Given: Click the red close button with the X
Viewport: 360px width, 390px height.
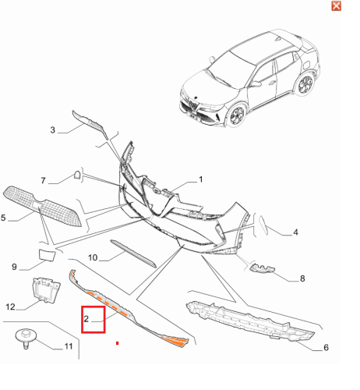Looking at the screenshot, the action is [x=336, y=5].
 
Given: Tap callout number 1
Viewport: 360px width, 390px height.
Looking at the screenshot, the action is [x=200, y=179].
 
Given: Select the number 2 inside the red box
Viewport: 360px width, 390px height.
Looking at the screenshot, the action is [x=86, y=319].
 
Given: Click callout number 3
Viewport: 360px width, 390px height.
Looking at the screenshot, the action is [x=53, y=129].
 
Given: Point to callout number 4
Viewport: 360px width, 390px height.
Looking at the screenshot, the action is [x=295, y=232].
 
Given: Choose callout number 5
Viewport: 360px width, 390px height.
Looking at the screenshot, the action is [x=3, y=218].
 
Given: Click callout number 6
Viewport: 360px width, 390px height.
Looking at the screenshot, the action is [x=326, y=347].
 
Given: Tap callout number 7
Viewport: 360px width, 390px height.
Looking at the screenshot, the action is [x=43, y=180].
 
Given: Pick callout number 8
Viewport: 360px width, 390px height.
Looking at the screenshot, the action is [x=302, y=278].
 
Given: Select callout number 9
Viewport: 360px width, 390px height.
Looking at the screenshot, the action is [x=14, y=267].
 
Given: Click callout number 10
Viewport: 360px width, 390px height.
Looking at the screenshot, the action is [x=93, y=257].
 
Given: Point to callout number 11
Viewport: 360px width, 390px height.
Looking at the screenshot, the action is [x=69, y=346].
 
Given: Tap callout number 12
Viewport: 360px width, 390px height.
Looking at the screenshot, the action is [x=10, y=307].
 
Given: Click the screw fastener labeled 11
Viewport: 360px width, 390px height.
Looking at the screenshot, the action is [x=26, y=339].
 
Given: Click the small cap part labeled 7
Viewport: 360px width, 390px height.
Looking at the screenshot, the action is [x=77, y=175].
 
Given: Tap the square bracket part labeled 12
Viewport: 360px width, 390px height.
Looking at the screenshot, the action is [x=46, y=290].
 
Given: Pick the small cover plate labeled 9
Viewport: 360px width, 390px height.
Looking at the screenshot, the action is [x=47, y=255].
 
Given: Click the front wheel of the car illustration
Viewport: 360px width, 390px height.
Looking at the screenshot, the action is [x=236, y=115].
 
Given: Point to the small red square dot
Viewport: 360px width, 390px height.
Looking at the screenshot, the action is [x=118, y=343].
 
